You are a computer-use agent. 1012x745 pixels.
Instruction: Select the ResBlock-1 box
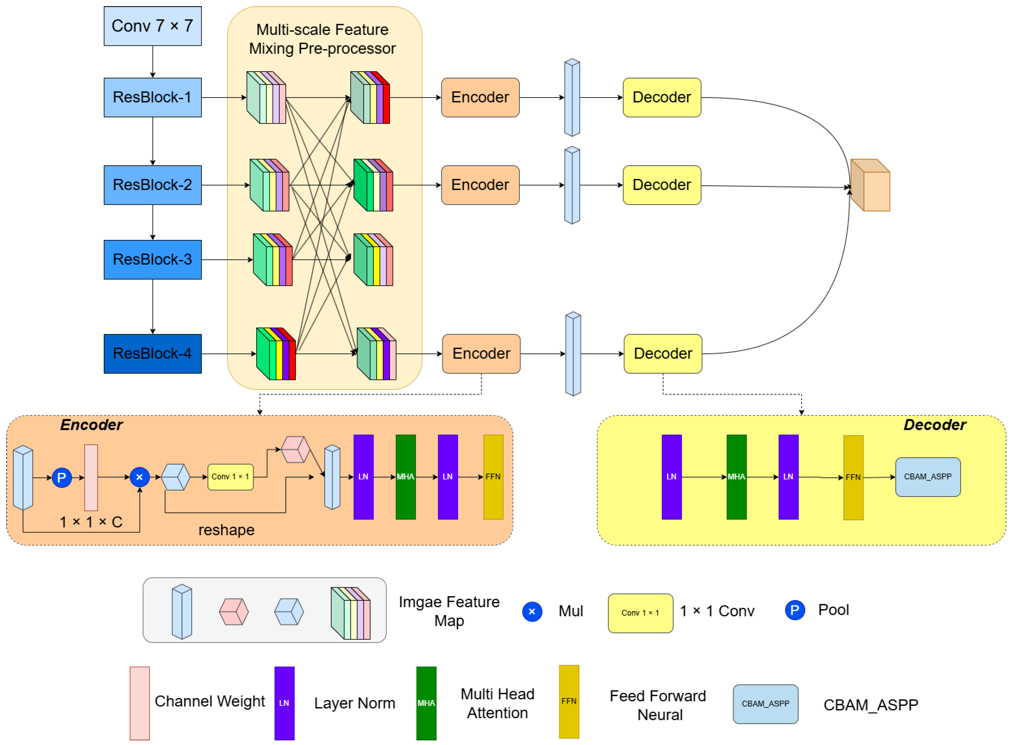(152, 97)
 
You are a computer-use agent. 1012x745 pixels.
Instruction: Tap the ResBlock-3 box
(152, 260)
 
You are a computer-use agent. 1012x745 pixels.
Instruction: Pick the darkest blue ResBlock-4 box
(152, 354)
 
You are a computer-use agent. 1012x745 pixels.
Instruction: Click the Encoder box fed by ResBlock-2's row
(480, 185)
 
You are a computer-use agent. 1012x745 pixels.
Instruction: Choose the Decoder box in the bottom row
(663, 354)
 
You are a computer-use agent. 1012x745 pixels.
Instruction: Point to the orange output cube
(870, 185)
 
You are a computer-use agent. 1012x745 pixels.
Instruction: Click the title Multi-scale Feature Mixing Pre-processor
(322, 39)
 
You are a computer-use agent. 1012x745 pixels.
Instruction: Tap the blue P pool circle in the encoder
(62, 478)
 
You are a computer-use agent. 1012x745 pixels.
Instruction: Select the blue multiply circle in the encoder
(139, 477)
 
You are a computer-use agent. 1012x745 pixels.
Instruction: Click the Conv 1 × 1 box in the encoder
(230, 477)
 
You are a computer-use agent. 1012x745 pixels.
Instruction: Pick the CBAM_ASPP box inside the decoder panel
(928, 477)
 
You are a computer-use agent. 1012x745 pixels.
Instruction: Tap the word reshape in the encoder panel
(226, 530)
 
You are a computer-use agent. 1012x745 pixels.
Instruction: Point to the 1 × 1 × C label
(91, 522)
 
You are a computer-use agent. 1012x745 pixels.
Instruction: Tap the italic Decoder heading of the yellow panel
(935, 425)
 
